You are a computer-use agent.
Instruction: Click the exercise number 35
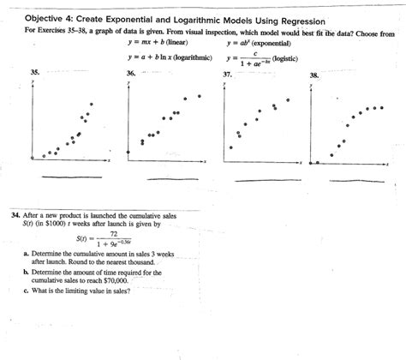pyautogui.click(x=35, y=75)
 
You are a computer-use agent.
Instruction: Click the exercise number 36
pyautogui.click(x=130, y=75)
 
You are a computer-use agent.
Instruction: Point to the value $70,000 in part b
pyautogui.click(x=114, y=280)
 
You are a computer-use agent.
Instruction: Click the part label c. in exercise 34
pyautogui.click(x=27, y=292)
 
